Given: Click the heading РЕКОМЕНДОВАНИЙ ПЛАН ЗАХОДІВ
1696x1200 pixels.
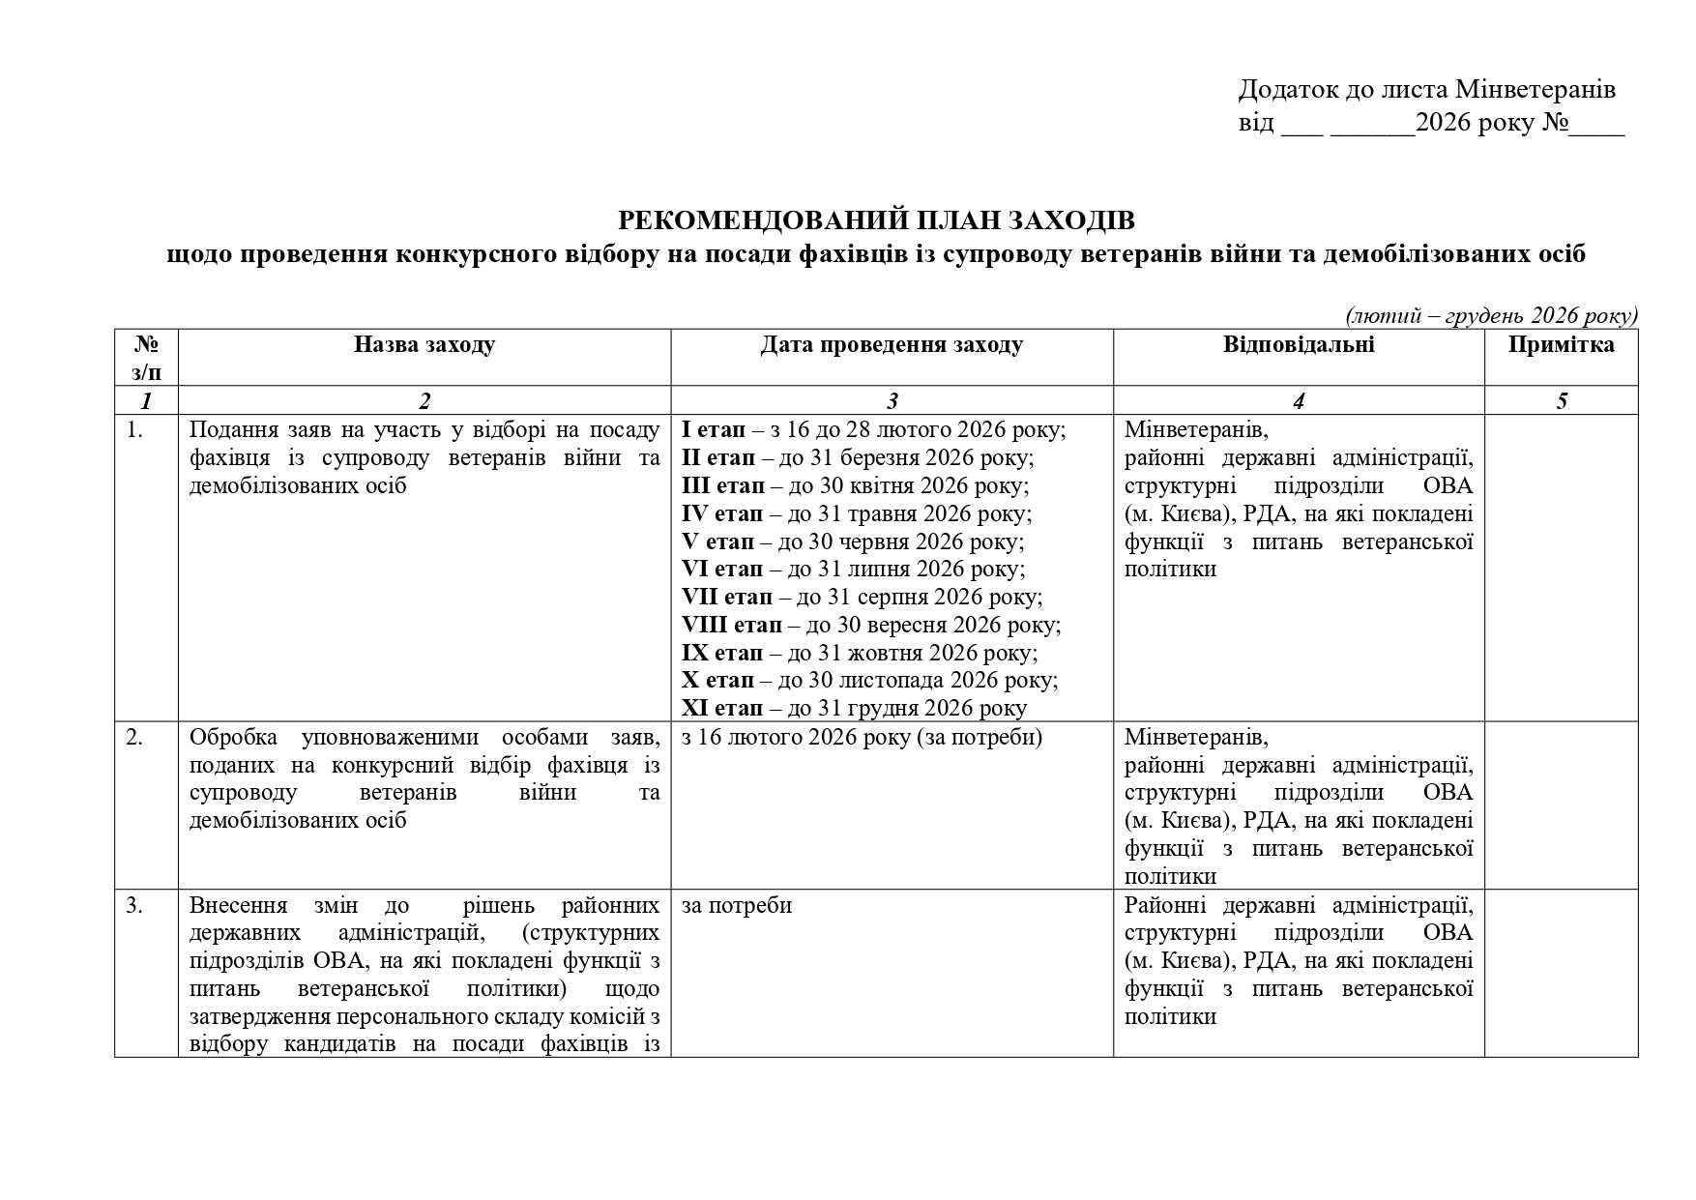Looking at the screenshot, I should click(876, 221).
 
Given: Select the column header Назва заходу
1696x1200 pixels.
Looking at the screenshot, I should click(424, 345).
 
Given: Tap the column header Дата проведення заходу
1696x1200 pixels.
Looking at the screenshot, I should click(891, 345).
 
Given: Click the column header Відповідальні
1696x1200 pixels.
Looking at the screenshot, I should click(1298, 345).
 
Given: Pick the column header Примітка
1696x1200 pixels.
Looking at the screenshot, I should click(1561, 345).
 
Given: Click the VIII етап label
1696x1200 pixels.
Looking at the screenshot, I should click(731, 625).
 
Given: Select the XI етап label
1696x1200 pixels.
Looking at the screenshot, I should click(721, 709).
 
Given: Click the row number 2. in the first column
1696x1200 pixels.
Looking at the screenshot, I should click(134, 738).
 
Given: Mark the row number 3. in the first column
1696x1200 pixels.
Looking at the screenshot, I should click(134, 906).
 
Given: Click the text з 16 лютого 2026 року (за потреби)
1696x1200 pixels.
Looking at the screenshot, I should click(862, 738).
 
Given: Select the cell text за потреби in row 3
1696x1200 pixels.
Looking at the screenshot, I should click(736, 906).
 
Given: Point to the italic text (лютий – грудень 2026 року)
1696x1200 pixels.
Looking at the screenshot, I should click(1491, 316).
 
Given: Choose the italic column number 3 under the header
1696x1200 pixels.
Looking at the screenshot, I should click(892, 401).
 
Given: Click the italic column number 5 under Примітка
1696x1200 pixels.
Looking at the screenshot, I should click(1562, 401).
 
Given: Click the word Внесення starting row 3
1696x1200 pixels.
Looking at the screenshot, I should click(238, 906).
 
